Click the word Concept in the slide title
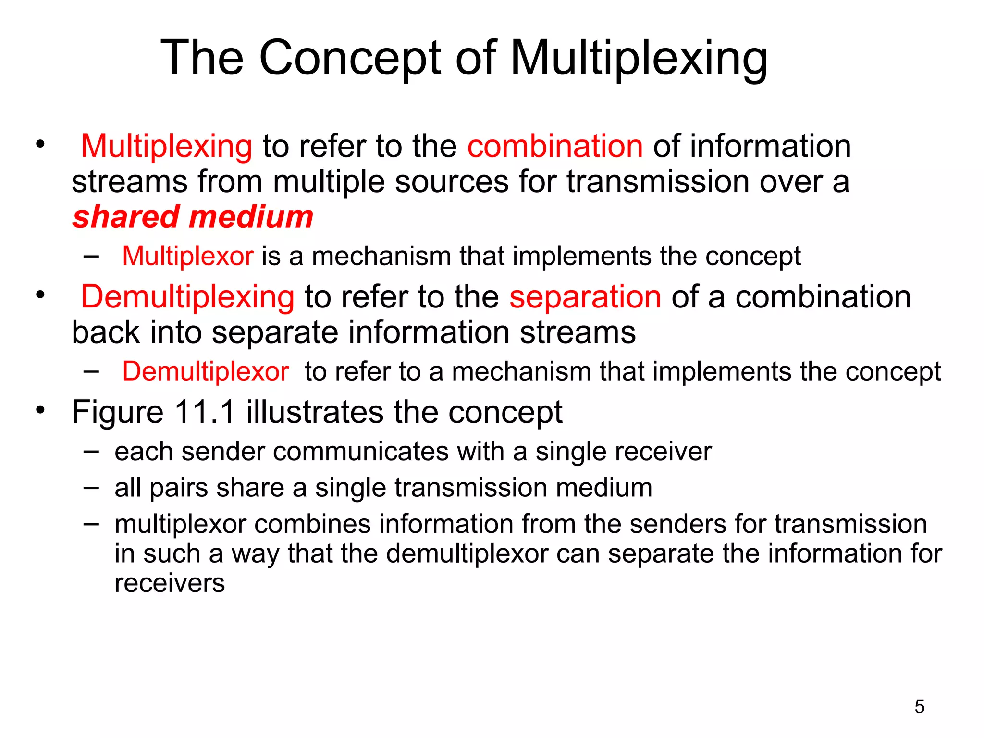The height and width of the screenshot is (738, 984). (x=350, y=59)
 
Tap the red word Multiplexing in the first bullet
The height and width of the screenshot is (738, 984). (x=166, y=146)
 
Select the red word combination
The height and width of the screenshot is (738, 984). (x=555, y=146)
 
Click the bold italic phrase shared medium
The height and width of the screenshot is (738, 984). (x=193, y=217)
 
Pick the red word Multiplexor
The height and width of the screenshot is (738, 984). (x=187, y=256)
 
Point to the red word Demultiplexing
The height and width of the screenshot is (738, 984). (x=187, y=297)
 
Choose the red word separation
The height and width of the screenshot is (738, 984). (x=585, y=297)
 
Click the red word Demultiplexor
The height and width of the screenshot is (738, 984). (x=205, y=372)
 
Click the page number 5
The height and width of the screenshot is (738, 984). (x=919, y=707)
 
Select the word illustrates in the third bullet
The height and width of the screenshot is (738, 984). (x=315, y=412)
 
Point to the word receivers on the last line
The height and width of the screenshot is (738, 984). (x=170, y=584)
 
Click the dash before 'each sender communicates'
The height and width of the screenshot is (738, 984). (x=91, y=451)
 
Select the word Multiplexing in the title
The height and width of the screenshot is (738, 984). (x=639, y=59)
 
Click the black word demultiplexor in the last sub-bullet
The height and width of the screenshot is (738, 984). (x=467, y=554)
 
